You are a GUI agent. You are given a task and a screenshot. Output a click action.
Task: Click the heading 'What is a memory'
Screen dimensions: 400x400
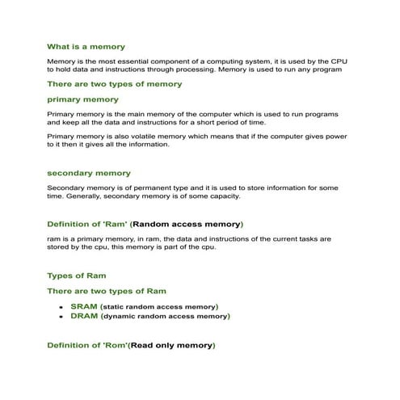pyautogui.click(x=86, y=47)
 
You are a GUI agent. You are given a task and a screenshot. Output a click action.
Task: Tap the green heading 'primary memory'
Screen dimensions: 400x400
pyautogui.click(x=82, y=99)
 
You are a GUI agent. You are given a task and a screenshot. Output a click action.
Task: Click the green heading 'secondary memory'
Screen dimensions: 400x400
pyautogui.click(x=88, y=173)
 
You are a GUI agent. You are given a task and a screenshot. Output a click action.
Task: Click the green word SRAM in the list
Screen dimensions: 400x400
pyautogui.click(x=84, y=307)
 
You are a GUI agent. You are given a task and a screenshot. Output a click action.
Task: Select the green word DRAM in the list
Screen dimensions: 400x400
pyautogui.click(x=84, y=317)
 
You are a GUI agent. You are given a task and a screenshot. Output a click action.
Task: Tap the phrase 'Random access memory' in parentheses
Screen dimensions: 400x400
pyautogui.click(x=186, y=223)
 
